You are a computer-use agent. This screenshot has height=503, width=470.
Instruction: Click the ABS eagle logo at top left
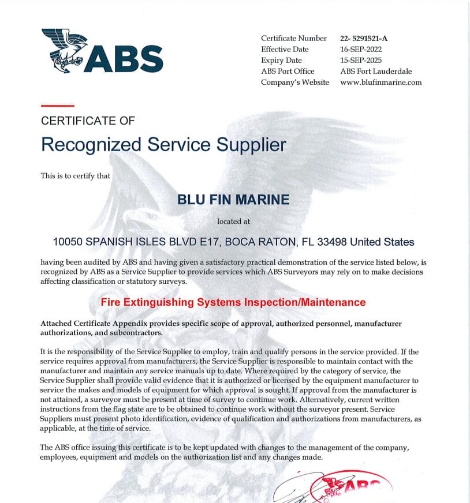pos(65,50)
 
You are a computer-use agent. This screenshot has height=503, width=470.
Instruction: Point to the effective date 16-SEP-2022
pos(361,49)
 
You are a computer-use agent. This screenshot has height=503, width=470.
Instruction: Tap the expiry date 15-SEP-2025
pos(361,60)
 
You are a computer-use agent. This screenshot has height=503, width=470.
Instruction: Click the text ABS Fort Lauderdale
pos(376,71)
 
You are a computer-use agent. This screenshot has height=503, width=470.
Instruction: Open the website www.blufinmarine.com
pos(381,82)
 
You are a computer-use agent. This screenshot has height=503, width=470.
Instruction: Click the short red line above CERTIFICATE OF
pos(58,106)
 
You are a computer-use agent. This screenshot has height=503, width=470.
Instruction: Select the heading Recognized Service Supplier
pos(163,144)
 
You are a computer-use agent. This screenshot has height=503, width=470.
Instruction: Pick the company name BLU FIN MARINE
pos(233,200)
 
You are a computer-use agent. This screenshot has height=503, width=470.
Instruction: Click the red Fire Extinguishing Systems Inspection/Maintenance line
pos(233,302)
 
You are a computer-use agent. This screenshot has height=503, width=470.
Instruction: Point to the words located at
pos(233,221)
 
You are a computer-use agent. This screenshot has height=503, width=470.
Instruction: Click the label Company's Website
pos(295,82)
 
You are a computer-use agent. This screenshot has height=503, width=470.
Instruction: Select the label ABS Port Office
pos(288,71)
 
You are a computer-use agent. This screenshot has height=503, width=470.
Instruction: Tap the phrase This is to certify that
pos(76,175)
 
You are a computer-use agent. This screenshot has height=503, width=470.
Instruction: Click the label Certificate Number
pos(294,38)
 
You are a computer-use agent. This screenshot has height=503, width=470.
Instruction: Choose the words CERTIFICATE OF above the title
pos(88,121)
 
